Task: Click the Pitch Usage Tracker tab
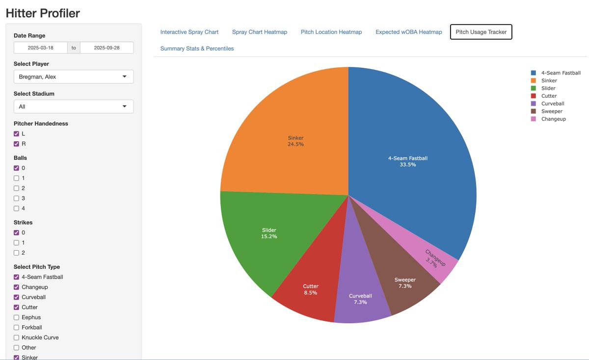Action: (481, 32)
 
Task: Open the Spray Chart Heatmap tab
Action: (260, 32)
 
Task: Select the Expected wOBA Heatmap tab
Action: (408, 32)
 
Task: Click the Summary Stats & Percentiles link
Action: (197, 49)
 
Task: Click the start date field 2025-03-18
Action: (40, 48)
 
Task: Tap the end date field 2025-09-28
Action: (107, 48)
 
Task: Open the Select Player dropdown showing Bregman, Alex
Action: (74, 77)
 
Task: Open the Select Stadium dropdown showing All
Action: (74, 106)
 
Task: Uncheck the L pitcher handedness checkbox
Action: (16, 134)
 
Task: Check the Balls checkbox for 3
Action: (16, 199)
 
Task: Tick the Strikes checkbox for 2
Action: (16, 253)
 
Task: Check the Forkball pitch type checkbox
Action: (16, 328)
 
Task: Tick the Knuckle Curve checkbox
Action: (16, 337)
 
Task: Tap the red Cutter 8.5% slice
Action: (311, 289)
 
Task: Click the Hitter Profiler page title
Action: (43, 13)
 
